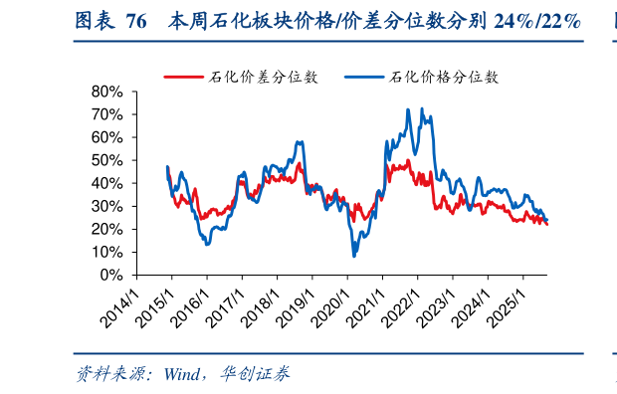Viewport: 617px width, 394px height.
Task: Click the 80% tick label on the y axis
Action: [x=108, y=92]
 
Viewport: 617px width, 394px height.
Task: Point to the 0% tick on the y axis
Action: [x=112, y=275]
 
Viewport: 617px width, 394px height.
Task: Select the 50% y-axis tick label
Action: [x=108, y=160]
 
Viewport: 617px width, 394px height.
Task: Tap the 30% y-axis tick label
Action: [x=108, y=206]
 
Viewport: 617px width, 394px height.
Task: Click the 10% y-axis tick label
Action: [x=108, y=252]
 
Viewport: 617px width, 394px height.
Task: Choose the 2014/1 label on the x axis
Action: [x=119, y=304]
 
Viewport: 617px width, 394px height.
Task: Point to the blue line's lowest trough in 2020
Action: [x=353, y=256]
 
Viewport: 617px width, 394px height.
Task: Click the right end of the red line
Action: [x=547, y=225]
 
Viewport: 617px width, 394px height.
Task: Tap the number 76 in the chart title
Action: [x=136, y=21]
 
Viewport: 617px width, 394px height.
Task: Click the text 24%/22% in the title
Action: [x=536, y=21]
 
